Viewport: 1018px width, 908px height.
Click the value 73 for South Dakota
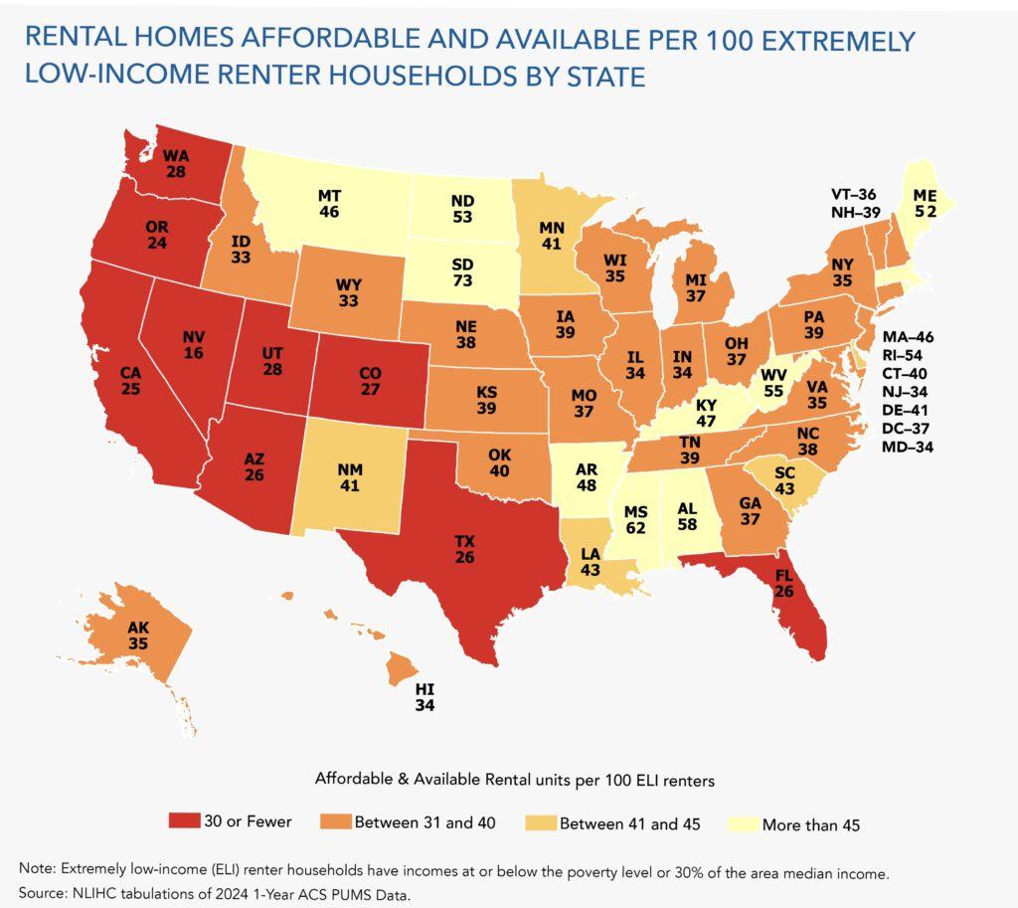click(x=463, y=283)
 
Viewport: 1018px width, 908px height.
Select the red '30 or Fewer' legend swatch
click(x=193, y=822)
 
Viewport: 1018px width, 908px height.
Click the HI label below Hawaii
click(x=425, y=688)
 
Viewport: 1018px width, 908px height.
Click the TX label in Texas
click(x=464, y=540)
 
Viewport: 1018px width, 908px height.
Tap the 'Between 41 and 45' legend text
click(x=621, y=823)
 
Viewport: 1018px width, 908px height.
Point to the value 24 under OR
click(x=155, y=242)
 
